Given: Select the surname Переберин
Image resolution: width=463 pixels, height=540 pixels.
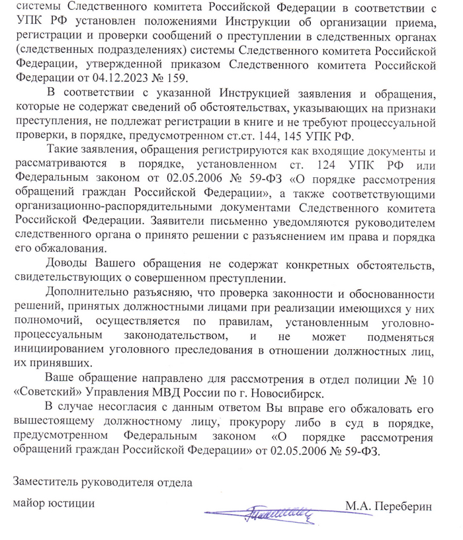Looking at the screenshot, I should (402, 507).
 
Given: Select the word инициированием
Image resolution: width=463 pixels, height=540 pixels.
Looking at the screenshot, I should (60, 350).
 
